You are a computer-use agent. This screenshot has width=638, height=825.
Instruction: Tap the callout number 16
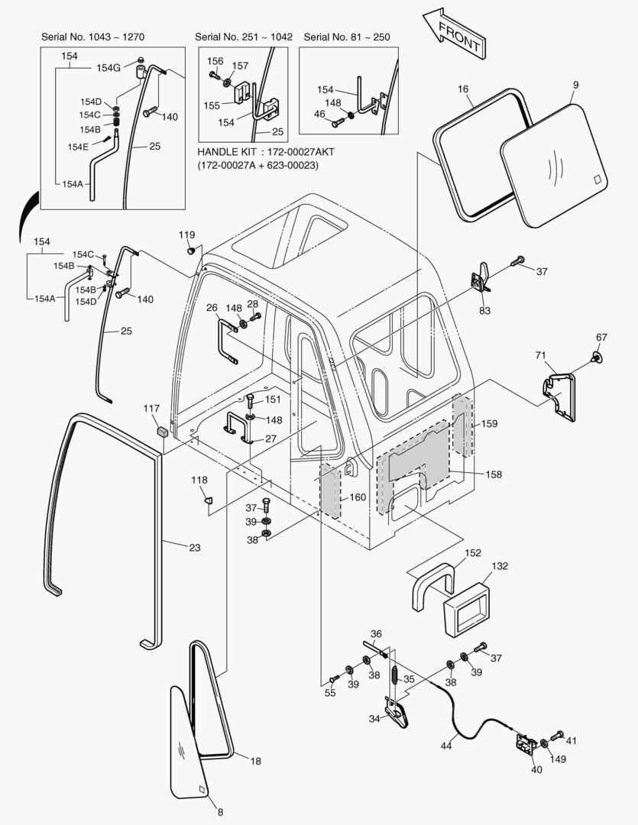[463, 89]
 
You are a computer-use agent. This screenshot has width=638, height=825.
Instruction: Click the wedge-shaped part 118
[206, 500]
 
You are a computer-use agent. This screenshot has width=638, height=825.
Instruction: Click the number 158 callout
[494, 474]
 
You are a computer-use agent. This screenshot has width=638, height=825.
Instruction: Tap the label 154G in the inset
[108, 68]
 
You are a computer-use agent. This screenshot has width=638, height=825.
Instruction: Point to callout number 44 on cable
[445, 746]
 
